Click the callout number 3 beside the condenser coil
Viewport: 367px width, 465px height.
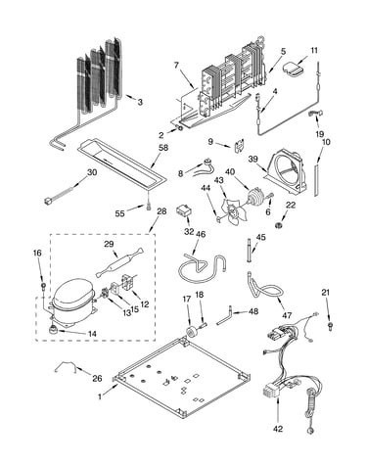point(140,102)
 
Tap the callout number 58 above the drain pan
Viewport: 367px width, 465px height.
point(163,148)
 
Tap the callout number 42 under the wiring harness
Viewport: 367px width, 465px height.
point(278,428)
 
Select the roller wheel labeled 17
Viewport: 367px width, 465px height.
point(191,331)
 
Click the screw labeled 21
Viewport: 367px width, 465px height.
point(330,325)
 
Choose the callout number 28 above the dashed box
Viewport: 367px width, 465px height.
point(161,211)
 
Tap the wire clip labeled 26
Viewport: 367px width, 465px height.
point(66,365)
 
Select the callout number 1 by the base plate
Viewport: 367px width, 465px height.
point(100,396)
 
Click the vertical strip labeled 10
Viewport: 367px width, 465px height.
point(316,180)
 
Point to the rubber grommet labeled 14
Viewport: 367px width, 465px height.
point(53,330)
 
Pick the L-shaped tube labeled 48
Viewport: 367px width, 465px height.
point(225,317)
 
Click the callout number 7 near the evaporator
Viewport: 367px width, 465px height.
point(176,66)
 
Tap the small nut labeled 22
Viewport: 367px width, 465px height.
point(279,225)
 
